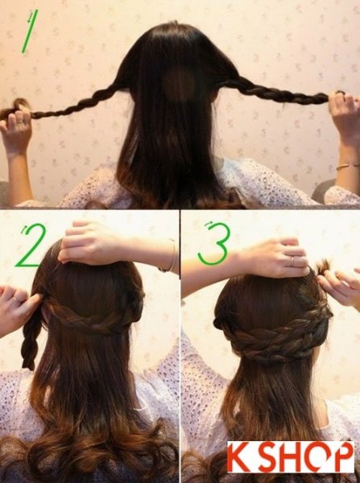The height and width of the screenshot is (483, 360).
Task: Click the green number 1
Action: (30, 31)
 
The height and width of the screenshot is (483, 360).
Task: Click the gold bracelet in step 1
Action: (348, 167)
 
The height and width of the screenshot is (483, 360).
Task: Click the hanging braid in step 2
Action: (31, 339)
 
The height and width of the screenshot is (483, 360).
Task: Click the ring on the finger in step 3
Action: (293, 261)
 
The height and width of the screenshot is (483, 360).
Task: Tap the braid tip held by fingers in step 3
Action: (322, 266)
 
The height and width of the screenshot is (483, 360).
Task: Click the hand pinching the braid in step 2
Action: (18, 308)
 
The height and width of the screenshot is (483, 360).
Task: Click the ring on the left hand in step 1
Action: (19, 122)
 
